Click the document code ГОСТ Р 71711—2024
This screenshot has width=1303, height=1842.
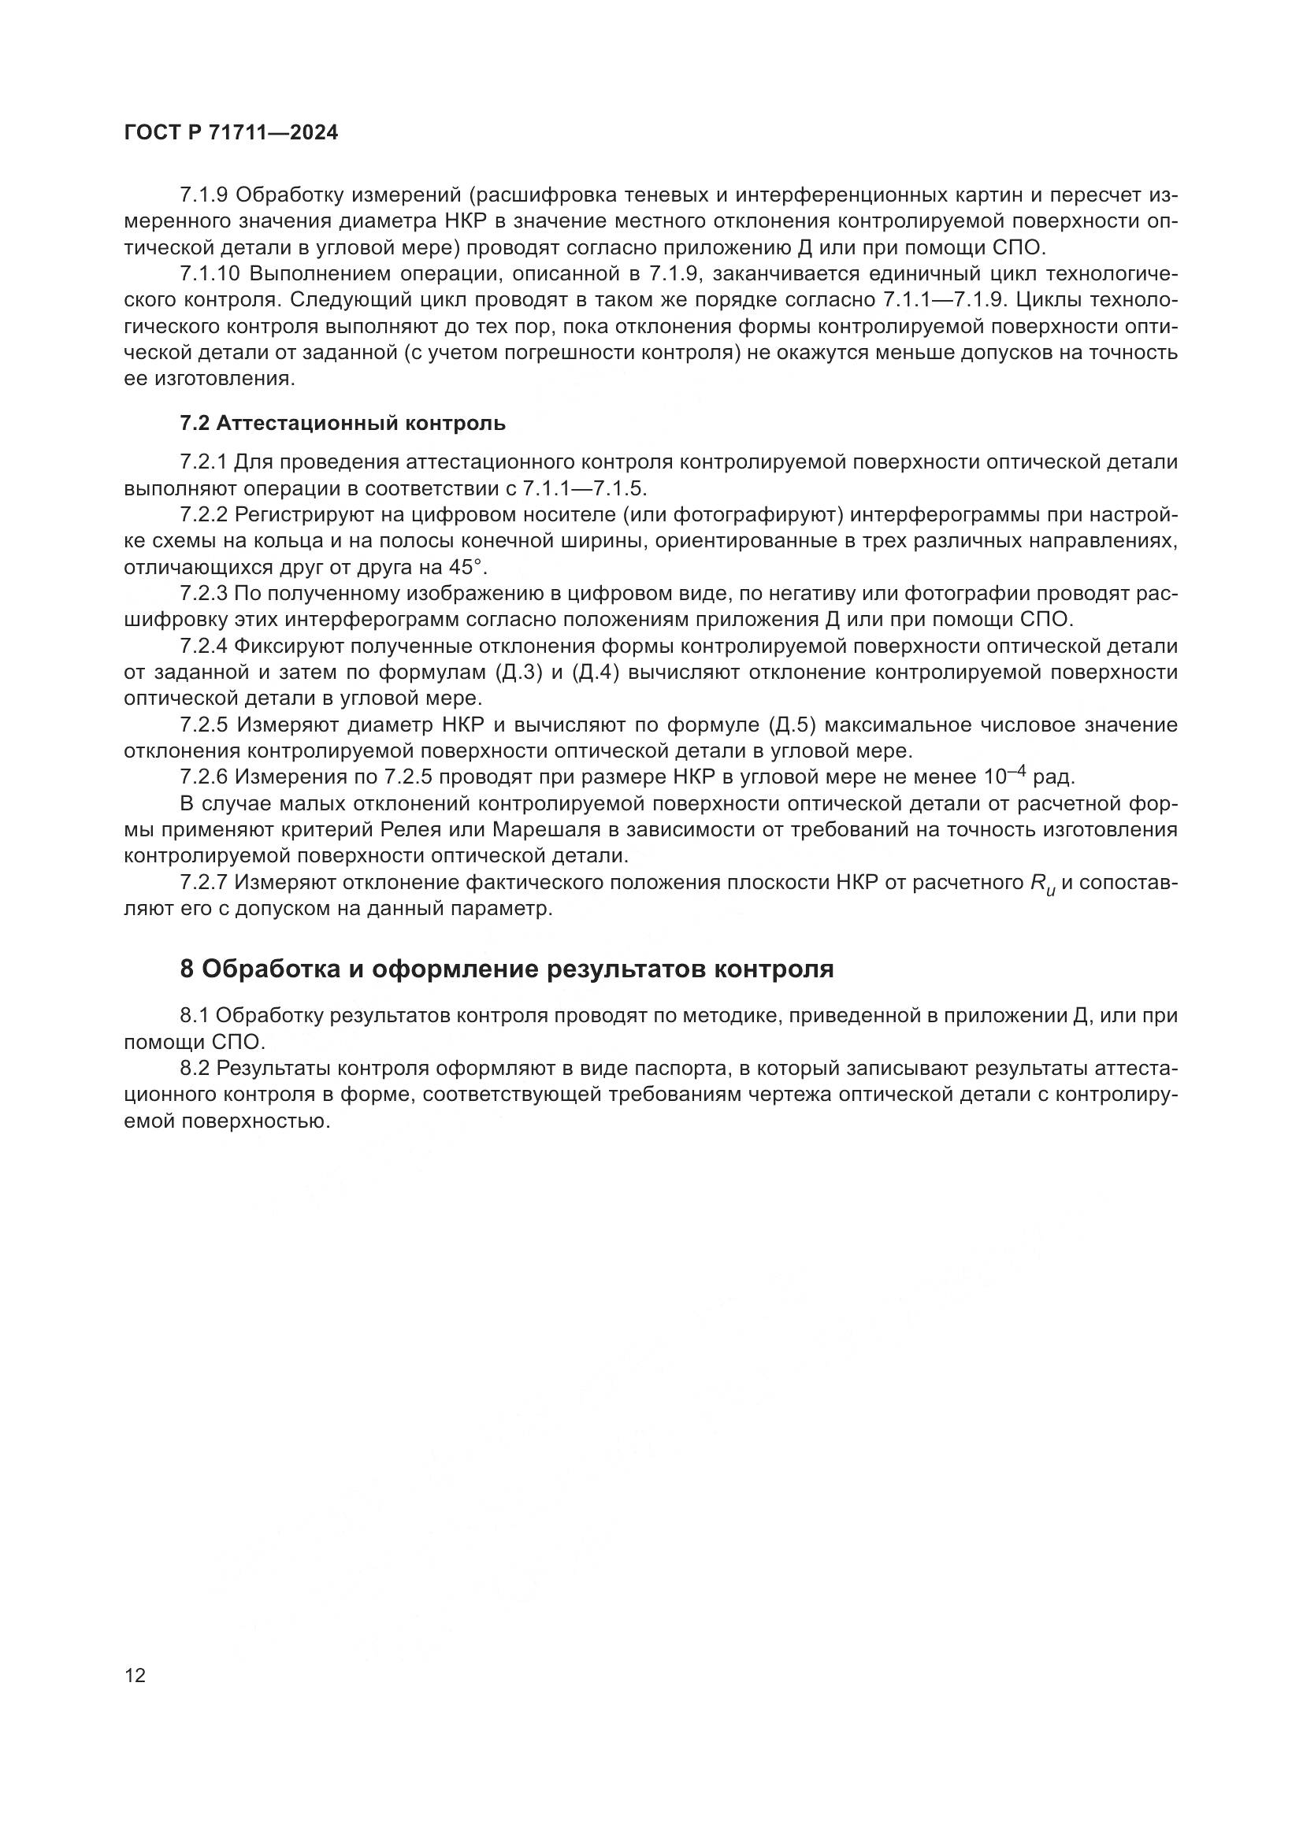click(231, 133)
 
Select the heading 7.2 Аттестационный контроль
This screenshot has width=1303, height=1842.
click(343, 423)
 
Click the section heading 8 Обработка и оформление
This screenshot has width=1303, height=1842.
click(507, 969)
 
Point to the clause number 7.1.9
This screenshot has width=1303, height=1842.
click(205, 195)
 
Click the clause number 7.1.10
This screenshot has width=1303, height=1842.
click(210, 273)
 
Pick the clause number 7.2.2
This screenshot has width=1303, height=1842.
click(205, 514)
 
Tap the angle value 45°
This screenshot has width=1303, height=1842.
click(467, 567)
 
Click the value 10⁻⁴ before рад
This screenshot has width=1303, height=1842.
click(1004, 776)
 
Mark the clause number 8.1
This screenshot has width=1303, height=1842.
click(195, 1016)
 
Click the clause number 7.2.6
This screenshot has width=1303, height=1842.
click(205, 777)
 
